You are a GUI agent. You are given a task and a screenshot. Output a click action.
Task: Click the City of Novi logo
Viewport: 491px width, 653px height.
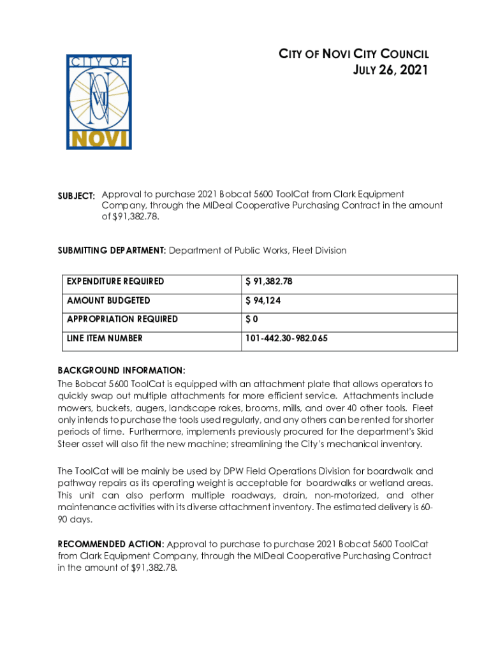pyautogui.click(x=99, y=102)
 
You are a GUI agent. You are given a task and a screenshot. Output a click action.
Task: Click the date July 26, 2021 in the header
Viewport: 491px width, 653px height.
pyautogui.click(x=390, y=70)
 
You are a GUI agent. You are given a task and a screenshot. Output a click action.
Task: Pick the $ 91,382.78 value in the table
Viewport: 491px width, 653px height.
pyautogui.click(x=269, y=281)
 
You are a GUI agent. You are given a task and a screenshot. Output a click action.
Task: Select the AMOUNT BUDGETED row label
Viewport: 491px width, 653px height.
pyautogui.click(x=108, y=300)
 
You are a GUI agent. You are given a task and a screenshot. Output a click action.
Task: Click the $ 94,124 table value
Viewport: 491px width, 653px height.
pyautogui.click(x=263, y=300)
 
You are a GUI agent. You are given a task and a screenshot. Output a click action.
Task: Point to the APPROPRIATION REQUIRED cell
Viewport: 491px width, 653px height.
pyautogui.click(x=122, y=319)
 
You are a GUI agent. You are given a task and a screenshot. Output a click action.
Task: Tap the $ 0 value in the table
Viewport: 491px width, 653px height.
pyautogui.click(x=251, y=319)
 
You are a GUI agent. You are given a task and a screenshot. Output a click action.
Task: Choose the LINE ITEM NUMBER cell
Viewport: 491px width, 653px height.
pyautogui.click(x=105, y=338)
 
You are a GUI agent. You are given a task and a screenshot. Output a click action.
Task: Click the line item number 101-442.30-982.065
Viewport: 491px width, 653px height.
pyautogui.click(x=286, y=338)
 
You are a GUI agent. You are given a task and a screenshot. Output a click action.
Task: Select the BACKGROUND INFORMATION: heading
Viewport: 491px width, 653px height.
pyautogui.click(x=121, y=371)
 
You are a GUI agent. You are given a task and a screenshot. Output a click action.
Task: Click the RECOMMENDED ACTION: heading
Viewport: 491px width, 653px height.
pyautogui.click(x=111, y=544)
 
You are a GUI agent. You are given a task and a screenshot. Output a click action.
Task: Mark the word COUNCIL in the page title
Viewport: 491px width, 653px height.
pyautogui.click(x=399, y=54)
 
